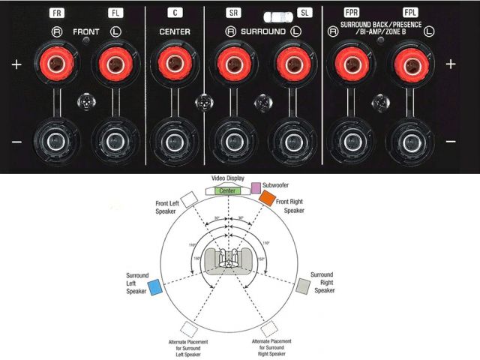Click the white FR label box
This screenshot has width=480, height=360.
tap(58, 13)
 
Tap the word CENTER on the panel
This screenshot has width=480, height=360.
tap(174, 32)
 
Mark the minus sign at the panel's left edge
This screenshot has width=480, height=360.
tap(16, 141)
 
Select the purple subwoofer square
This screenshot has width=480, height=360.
tap(256, 187)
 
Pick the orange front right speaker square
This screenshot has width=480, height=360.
tap(268, 199)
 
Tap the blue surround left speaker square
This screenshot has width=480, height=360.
tap(156, 287)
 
